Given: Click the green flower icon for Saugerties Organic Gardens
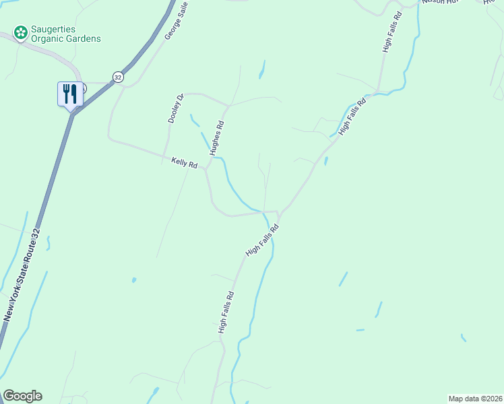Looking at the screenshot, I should tap(20, 32).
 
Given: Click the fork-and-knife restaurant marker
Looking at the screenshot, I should tap(70, 94).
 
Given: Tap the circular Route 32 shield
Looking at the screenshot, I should tap(119, 77).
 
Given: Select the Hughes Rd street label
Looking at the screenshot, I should tap(216, 138).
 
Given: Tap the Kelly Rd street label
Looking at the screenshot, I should tap(184, 164).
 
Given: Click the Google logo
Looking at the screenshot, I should tap(22, 396).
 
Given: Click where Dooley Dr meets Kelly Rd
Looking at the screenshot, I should tap(162, 157).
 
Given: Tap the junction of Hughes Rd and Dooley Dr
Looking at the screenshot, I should tap(228, 106).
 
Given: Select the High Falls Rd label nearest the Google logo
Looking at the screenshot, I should tap(226, 312).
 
